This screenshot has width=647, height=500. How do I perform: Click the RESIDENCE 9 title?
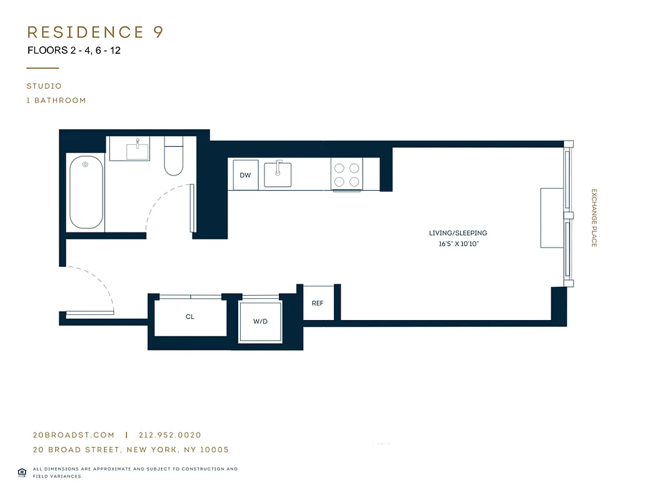95,32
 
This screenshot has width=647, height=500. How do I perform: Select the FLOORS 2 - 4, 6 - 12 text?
74,51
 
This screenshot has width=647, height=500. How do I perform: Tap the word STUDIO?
44,86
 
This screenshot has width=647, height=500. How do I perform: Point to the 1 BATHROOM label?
56,100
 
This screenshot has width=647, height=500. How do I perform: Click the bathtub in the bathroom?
86,192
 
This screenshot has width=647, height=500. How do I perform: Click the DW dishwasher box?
245,175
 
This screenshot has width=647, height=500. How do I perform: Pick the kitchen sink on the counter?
278,174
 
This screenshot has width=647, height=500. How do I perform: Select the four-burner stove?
347,174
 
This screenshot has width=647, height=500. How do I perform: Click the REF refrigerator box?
318,303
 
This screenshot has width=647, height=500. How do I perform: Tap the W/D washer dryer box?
260,321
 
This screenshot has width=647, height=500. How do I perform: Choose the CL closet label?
190,317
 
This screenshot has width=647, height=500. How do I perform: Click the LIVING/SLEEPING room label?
458,233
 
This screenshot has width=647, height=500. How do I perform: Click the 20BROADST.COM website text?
74,435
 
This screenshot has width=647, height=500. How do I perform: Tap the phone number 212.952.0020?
169,435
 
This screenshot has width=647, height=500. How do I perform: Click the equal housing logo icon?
21,472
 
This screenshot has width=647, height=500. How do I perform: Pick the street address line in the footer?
131,449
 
